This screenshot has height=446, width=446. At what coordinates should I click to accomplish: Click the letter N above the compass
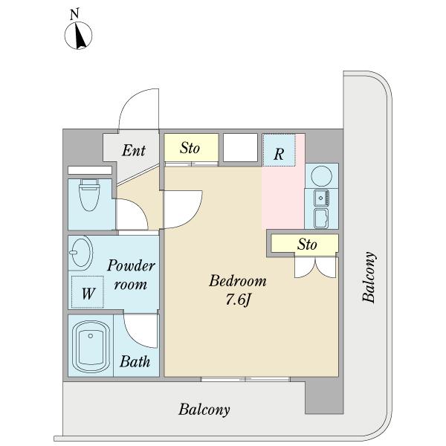point(74,15)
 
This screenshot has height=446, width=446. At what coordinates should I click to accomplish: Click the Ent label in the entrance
point(134,150)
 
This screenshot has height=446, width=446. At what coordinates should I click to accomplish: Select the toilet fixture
point(89,195)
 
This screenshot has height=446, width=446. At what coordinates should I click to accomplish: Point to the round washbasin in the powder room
point(81,252)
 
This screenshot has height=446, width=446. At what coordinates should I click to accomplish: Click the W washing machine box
point(87,292)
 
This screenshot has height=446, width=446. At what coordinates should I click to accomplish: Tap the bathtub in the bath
point(91,346)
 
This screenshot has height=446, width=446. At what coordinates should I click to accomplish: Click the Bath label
point(135,361)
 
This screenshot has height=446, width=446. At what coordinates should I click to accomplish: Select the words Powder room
point(131,275)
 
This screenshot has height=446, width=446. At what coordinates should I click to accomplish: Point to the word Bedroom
point(238,281)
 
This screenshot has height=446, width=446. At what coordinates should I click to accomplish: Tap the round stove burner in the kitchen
point(321,175)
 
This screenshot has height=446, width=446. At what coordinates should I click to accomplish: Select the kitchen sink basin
point(321,198)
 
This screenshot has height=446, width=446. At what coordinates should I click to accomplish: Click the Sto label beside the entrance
point(190,148)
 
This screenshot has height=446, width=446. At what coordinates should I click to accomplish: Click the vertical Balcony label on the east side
point(369,277)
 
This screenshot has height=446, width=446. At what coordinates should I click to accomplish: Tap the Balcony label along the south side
point(204,410)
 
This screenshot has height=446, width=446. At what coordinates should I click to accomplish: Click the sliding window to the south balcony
point(245,379)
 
